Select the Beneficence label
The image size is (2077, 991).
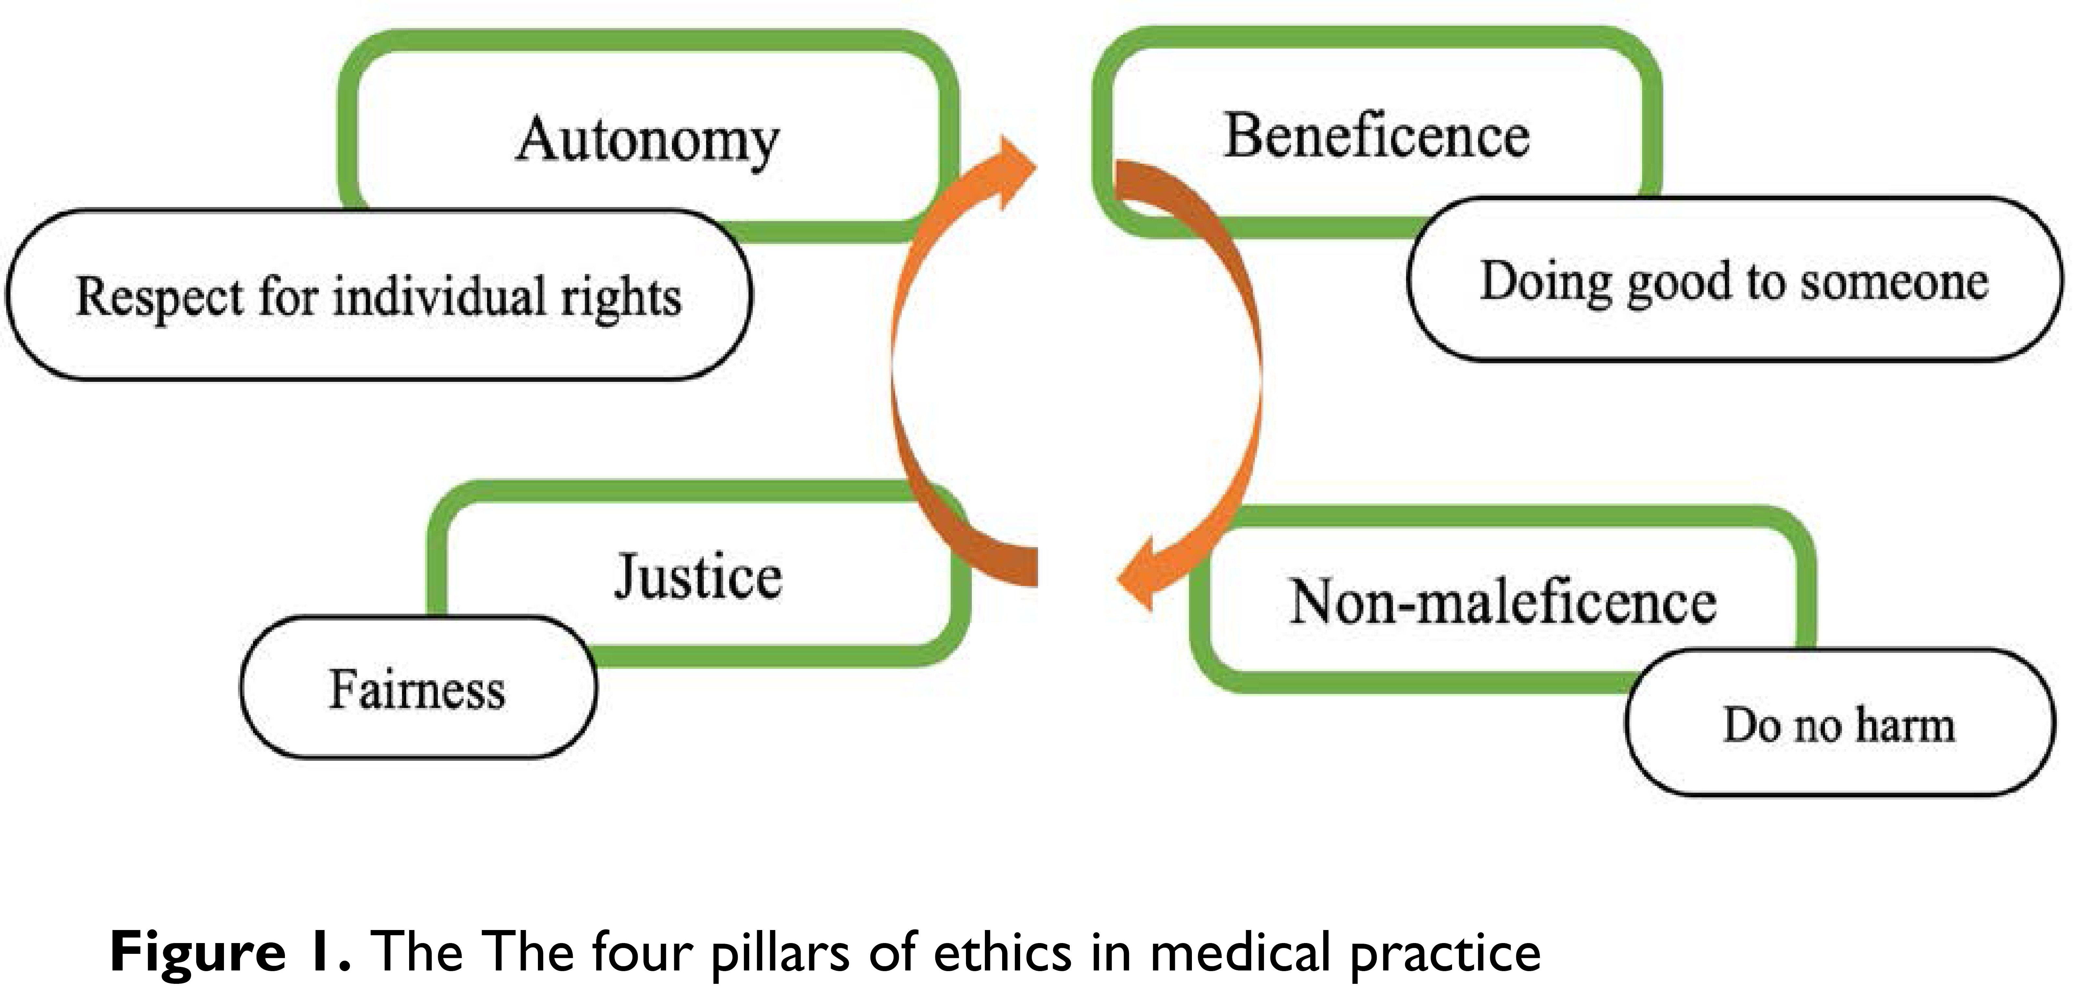(x=1376, y=135)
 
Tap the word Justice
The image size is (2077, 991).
(x=698, y=577)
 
